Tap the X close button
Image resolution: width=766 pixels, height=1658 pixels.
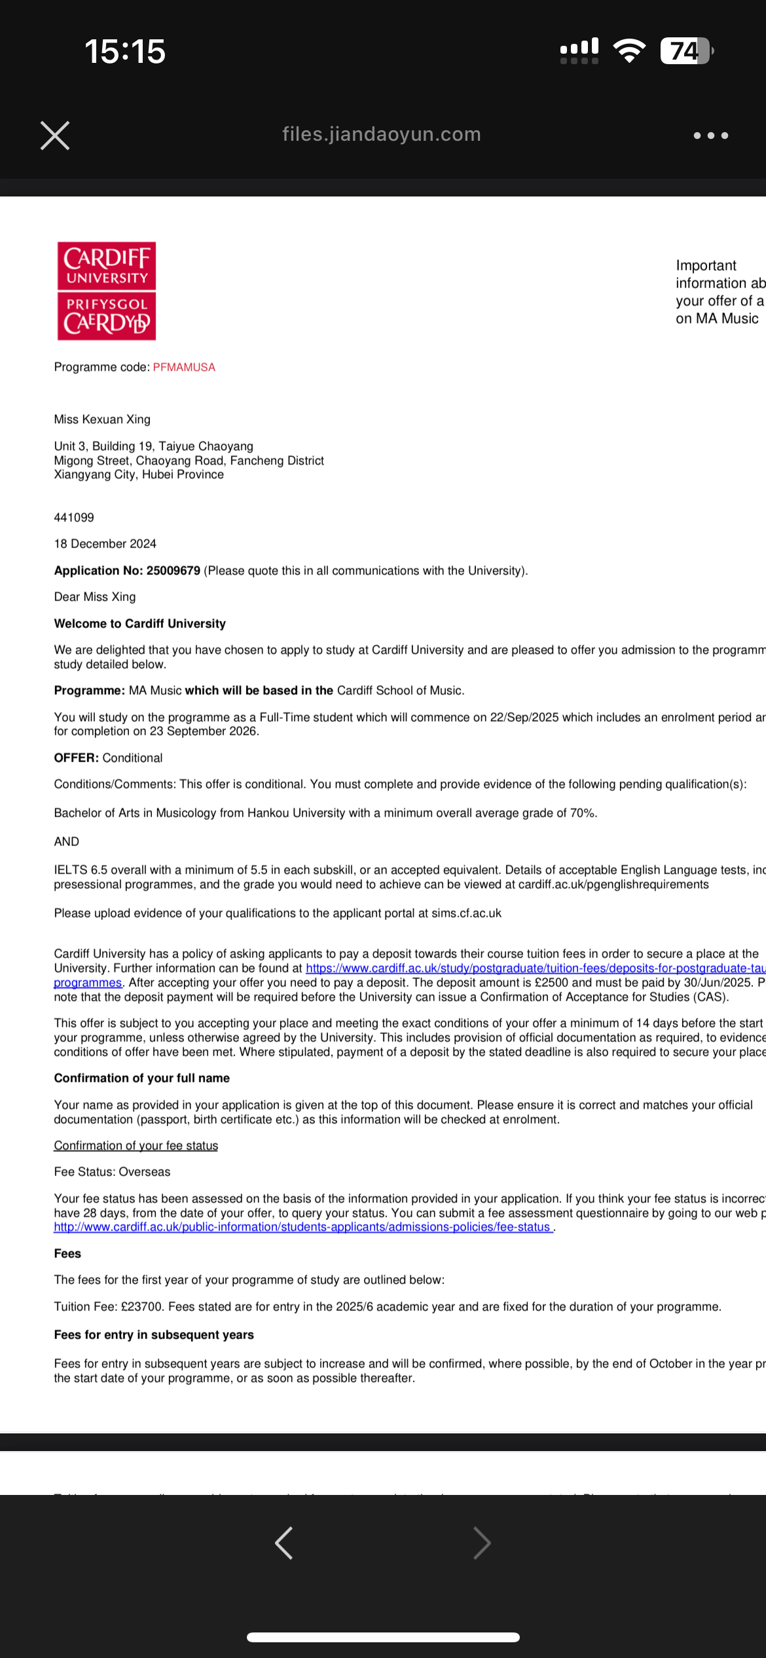point(55,136)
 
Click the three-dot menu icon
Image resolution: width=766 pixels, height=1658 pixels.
point(710,136)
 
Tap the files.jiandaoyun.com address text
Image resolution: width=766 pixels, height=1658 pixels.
point(382,134)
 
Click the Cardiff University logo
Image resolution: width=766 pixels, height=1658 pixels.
point(107,291)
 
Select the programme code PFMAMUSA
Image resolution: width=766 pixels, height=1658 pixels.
point(184,367)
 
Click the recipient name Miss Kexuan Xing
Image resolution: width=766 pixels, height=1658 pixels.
point(102,419)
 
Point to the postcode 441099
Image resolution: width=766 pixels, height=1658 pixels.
point(74,517)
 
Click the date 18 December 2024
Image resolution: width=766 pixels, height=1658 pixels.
point(105,543)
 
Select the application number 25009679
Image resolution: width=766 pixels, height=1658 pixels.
point(173,570)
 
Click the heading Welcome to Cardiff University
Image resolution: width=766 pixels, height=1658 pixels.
point(140,623)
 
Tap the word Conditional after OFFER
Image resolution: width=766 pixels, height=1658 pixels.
point(132,758)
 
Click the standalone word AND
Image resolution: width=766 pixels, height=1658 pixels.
point(66,841)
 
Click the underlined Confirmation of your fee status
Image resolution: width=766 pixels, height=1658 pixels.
point(136,1145)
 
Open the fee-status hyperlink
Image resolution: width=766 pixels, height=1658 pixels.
point(302,1226)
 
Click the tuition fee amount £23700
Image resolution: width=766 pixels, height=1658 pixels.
point(141,1306)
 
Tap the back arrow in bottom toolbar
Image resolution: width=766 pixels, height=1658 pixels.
point(283,1543)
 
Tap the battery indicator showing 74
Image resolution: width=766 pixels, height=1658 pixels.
point(685,51)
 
